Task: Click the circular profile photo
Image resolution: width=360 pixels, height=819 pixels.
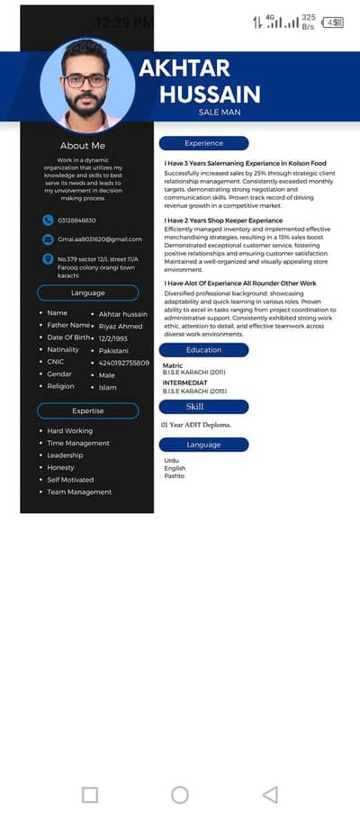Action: coord(87,86)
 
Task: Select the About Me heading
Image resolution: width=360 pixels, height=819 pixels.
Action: coord(83,146)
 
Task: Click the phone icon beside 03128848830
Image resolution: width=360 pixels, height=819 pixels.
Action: coord(48,220)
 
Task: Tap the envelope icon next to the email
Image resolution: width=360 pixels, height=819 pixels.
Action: coord(48,239)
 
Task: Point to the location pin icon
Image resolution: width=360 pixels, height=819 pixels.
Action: coord(48,259)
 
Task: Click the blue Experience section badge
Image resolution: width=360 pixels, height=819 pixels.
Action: coord(203,143)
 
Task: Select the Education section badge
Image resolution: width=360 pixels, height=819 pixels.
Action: coord(203,350)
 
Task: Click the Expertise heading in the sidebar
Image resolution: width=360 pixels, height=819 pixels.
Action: coord(87,410)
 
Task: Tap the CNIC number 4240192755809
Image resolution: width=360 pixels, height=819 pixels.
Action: coord(124,363)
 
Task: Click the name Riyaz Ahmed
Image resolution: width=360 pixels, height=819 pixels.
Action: coord(121,326)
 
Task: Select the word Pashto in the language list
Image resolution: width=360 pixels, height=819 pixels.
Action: coord(174,476)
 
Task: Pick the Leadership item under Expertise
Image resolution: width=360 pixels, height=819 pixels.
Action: coord(66,455)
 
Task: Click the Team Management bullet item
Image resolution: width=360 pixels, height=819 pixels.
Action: coord(79,492)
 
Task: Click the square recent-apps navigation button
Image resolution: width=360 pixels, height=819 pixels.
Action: coord(90,795)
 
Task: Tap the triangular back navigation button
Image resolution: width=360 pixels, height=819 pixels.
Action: coord(269,795)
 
